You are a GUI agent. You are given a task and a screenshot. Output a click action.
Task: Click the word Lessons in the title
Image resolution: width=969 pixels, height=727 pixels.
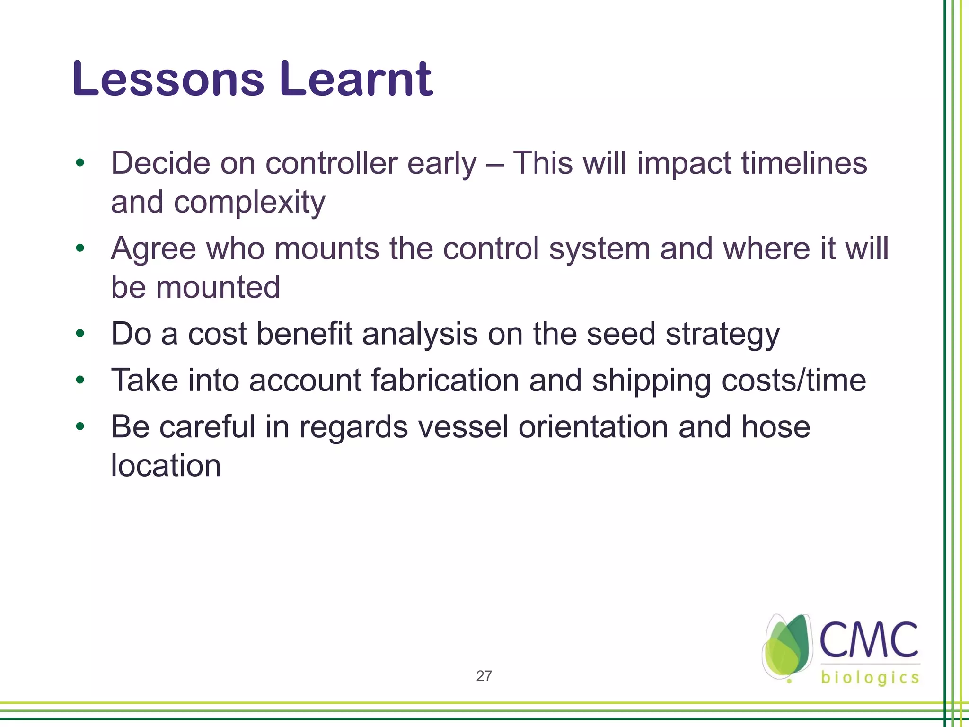(x=168, y=79)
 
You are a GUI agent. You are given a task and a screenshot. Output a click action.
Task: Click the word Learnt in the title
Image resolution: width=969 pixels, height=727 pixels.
(x=356, y=79)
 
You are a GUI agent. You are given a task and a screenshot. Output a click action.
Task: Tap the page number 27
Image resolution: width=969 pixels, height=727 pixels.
(x=484, y=676)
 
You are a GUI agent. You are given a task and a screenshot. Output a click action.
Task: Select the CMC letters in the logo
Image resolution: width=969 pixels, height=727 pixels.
(x=868, y=640)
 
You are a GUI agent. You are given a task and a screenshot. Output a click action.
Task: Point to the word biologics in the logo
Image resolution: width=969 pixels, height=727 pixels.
(x=870, y=678)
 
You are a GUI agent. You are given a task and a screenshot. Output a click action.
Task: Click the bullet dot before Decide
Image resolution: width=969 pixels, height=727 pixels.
(x=80, y=163)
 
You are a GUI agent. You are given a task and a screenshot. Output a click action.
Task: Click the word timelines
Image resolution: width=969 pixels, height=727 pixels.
(x=804, y=163)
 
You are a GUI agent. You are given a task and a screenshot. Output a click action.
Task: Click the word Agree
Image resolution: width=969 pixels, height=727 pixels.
(x=153, y=248)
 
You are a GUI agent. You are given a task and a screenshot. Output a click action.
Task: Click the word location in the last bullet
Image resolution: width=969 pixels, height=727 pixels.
(x=166, y=466)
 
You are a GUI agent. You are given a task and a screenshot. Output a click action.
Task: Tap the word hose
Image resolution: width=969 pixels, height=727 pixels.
(x=775, y=426)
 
